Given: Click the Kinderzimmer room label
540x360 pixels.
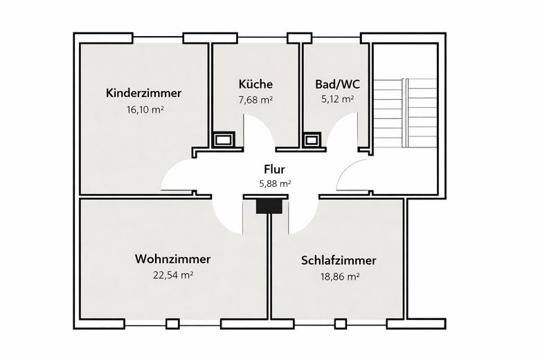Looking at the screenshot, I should pyautogui.click(x=144, y=93).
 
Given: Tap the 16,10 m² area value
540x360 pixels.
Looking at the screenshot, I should pyautogui.click(x=144, y=109).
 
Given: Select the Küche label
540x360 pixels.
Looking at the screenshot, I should pyautogui.click(x=255, y=84).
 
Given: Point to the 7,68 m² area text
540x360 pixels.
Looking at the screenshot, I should pyautogui.click(x=255, y=100).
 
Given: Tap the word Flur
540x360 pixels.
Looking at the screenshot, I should pyautogui.click(x=273, y=169).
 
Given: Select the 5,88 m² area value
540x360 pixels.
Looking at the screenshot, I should pyautogui.click(x=273, y=184).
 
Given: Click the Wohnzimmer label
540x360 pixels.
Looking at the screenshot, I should pyautogui.click(x=172, y=259).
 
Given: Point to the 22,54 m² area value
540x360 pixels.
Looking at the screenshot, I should pyautogui.click(x=172, y=275).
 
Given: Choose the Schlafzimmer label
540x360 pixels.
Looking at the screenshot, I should pyautogui.click(x=339, y=260).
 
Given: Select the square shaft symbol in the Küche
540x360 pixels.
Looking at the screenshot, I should pyautogui.click(x=224, y=140).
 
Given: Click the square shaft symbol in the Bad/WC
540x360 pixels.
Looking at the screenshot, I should pyautogui.click(x=312, y=140).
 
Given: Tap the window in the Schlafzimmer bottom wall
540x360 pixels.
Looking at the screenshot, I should pyautogui.click(x=340, y=323).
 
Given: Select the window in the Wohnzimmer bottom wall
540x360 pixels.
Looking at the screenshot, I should pyautogui.click(x=172, y=323).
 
